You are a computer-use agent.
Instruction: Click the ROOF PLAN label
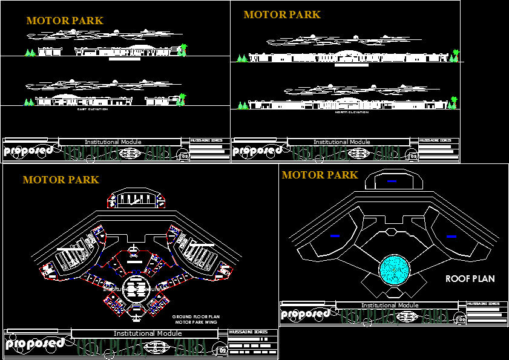pos(470,279)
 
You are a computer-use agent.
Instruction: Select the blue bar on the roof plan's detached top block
pos(392,181)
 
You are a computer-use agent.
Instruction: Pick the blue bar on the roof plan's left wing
pos(335,235)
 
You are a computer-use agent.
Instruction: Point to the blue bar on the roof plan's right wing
pos(451,237)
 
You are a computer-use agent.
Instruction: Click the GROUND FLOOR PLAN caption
pos(195,317)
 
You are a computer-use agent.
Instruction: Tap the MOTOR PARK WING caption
pos(196,322)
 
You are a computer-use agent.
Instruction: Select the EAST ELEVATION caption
pos(92,110)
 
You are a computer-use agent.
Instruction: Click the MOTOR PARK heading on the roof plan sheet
pos(320,175)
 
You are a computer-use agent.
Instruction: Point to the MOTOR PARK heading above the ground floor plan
pos(61,180)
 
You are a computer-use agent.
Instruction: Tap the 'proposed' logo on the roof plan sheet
pos(305,314)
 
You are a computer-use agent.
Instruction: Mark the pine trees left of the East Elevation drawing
pos(28,102)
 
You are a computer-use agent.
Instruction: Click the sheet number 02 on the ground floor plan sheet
pos(222,350)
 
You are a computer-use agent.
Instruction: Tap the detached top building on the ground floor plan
pos(136,199)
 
